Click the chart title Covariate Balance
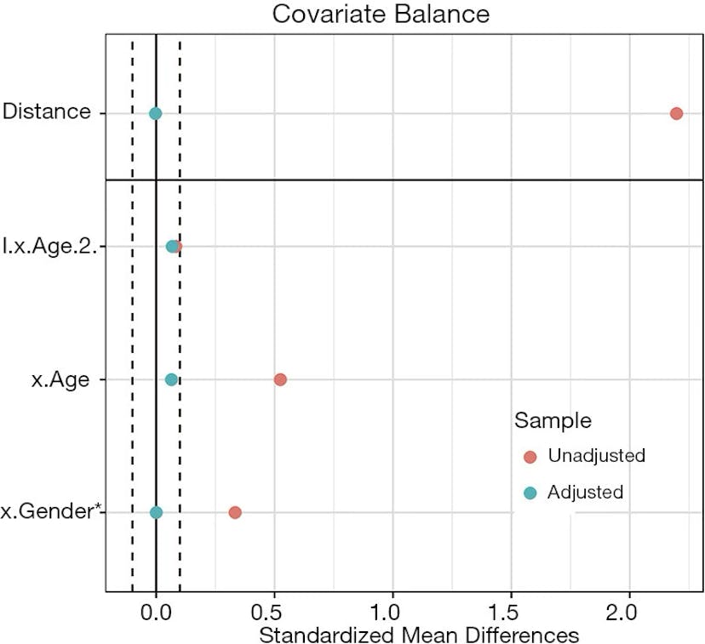(381, 14)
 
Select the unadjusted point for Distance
(676, 113)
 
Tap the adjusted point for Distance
(155, 113)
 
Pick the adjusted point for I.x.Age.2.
(172, 247)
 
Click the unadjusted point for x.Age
(280, 379)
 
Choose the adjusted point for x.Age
(171, 379)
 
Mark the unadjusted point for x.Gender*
(235, 512)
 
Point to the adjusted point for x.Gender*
(156, 512)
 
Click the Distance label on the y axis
(46, 111)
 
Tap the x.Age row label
(60, 380)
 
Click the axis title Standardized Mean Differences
(418, 635)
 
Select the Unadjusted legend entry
(596, 456)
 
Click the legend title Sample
(553, 420)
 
